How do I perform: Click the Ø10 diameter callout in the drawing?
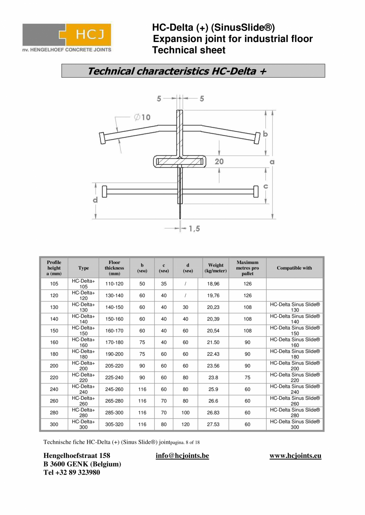(x=142, y=117)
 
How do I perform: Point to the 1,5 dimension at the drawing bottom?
(x=194, y=229)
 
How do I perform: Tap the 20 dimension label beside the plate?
(x=219, y=161)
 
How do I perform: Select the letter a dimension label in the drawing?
(x=272, y=162)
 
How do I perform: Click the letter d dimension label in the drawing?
(x=95, y=200)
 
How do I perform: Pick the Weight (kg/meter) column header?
(x=216, y=268)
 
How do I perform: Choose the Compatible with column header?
(x=294, y=268)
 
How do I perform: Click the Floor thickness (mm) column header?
(x=114, y=268)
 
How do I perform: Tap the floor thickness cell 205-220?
(x=114, y=366)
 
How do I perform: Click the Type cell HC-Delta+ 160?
(x=83, y=342)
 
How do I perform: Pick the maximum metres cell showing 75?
(x=248, y=378)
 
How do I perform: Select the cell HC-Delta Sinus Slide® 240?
(x=295, y=389)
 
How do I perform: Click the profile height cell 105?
(x=54, y=284)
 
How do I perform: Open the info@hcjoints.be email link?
(x=182, y=456)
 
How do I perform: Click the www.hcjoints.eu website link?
(x=295, y=456)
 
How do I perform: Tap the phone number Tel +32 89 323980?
(x=72, y=472)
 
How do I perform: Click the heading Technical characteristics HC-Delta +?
(x=177, y=71)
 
